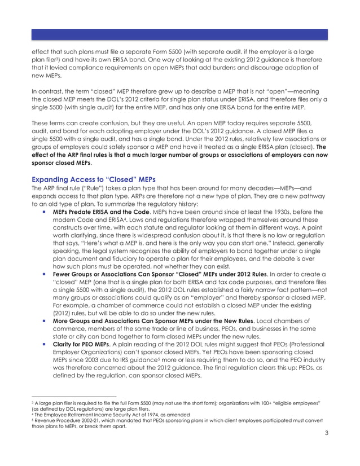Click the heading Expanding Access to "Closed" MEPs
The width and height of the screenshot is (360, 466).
click(93, 179)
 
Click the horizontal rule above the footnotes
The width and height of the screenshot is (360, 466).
click(73, 397)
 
